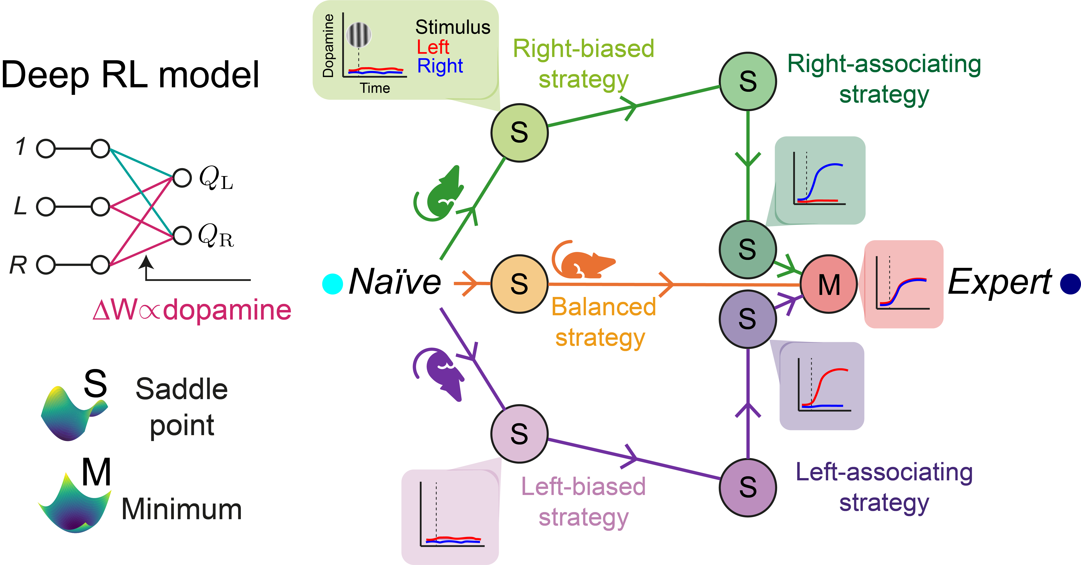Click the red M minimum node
(x=829, y=284)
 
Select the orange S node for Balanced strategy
(x=520, y=284)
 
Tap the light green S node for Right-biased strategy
(x=520, y=132)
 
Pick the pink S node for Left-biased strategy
(x=520, y=434)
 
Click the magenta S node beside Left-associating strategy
(x=748, y=487)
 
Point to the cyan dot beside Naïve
(x=332, y=284)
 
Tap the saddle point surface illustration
(x=71, y=415)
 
